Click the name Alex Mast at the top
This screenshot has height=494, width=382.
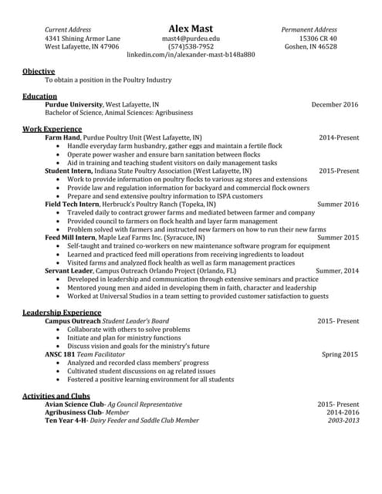pos(191,29)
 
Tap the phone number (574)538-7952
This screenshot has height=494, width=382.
pos(191,46)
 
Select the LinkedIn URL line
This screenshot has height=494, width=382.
pos(191,56)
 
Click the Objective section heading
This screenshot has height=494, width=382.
pos(38,71)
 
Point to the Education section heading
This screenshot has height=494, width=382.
pos(39,96)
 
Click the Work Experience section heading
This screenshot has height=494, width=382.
pos(52,129)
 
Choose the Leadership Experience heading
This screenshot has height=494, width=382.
pos(62,312)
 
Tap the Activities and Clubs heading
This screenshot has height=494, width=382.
pos(56,396)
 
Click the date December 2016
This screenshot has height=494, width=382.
pos(335,104)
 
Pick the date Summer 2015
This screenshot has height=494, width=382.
pos(338,238)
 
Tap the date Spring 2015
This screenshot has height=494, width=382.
pos(340,354)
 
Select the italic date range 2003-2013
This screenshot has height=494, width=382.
pos(343,421)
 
